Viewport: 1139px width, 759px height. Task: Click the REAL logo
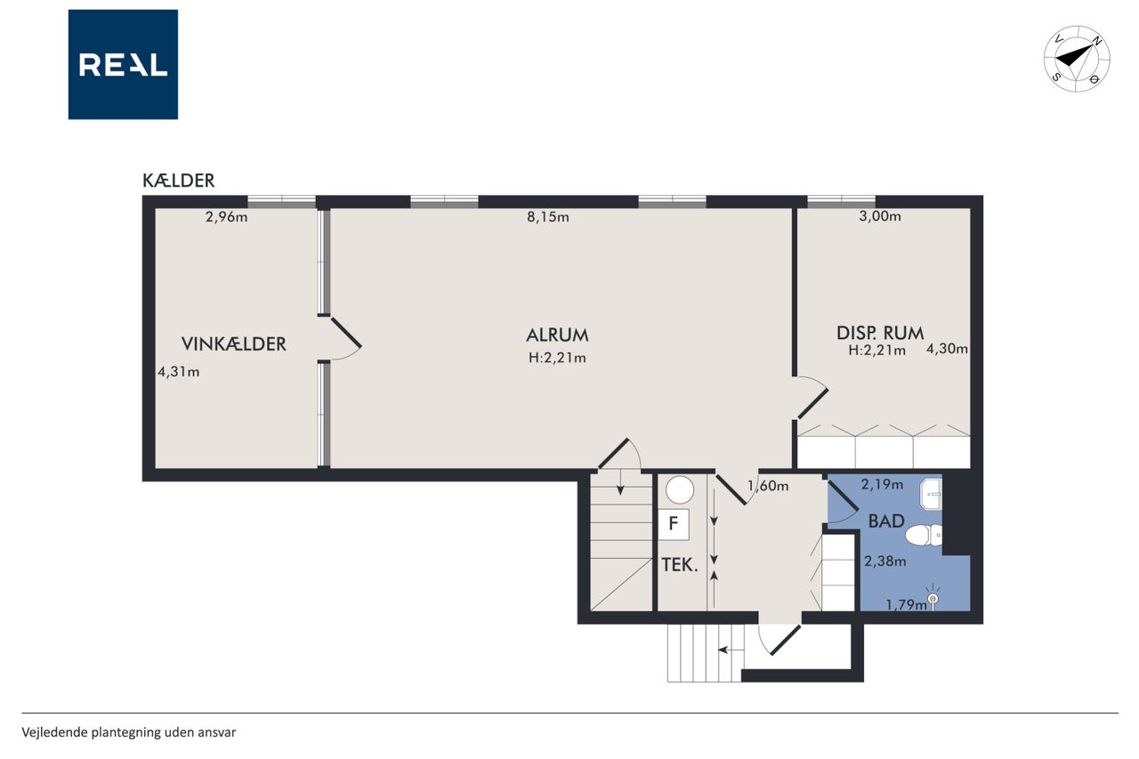coord(123,65)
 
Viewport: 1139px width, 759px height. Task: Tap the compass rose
coord(1077,59)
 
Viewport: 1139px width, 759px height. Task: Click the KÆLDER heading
coord(179,181)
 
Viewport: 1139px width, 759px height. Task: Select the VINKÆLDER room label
coord(234,344)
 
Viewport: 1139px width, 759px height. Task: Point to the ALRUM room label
coord(557,335)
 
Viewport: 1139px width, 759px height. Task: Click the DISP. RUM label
coord(880,333)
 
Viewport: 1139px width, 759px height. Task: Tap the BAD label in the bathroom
coord(886,521)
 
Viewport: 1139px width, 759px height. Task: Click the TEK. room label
coord(679,565)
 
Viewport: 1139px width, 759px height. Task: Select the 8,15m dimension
coord(547,217)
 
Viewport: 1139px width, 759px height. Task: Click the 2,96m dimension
coord(226,217)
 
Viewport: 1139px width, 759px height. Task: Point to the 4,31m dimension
coord(179,372)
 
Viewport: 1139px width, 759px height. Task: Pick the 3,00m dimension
coord(880,216)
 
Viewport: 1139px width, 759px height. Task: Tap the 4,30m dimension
coord(947,349)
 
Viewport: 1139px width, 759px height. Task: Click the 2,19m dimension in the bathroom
coord(882,484)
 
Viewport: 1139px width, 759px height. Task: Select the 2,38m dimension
coord(885,561)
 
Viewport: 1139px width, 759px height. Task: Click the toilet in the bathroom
coord(924,536)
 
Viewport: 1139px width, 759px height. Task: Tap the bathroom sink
coord(931,494)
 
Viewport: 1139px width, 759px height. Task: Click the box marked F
coord(674,523)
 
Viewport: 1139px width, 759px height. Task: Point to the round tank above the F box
coord(680,490)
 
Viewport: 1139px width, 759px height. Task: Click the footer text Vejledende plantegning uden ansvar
coord(129,732)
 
